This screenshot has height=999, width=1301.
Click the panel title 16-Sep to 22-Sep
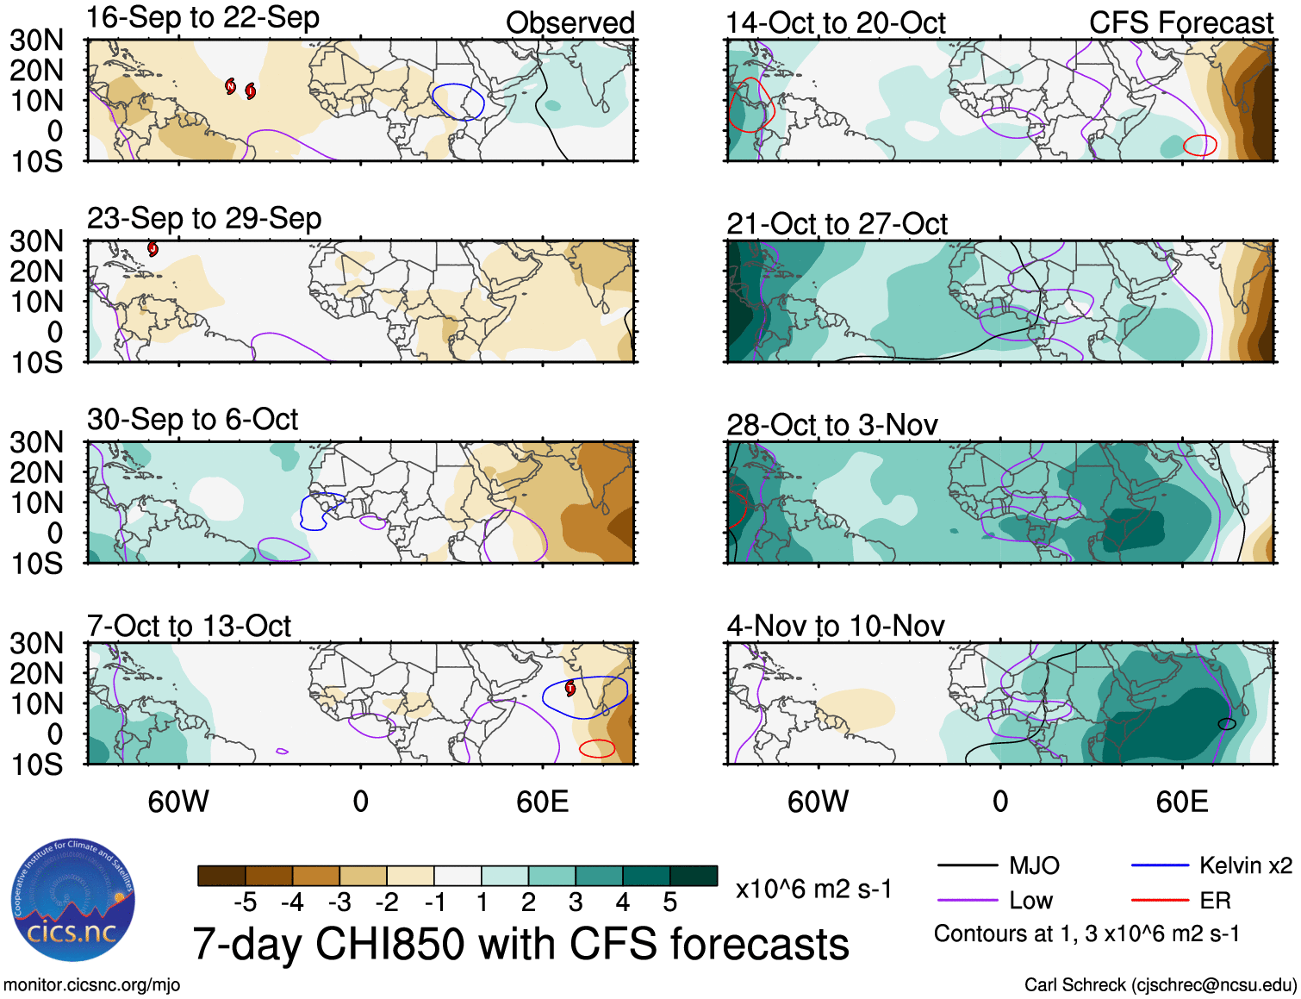coord(203,18)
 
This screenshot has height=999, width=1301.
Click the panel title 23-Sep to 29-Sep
coord(204,219)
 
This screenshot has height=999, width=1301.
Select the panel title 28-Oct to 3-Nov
coord(831,425)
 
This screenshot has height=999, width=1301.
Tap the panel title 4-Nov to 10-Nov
coord(835,626)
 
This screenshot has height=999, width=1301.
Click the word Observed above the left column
coord(570,23)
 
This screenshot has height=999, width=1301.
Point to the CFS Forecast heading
coord(1180,23)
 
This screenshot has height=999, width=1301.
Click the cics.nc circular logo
coord(73,902)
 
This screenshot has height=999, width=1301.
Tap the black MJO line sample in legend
coord(967,865)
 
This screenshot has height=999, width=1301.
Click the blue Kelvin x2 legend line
coord(1160,865)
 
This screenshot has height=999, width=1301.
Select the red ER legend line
coord(1160,901)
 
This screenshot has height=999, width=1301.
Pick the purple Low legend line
coord(967,901)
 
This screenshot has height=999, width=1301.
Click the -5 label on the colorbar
coord(245,902)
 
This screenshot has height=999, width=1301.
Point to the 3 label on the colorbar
coord(576,902)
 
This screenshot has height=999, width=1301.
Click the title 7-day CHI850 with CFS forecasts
coord(520,944)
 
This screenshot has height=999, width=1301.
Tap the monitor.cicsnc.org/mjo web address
coord(91,985)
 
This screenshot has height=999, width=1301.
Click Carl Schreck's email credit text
coord(1160,985)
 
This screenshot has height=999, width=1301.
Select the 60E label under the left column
coord(542,802)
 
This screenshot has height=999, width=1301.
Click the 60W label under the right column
coord(818,802)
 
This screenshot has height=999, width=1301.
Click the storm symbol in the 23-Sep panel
coord(153,249)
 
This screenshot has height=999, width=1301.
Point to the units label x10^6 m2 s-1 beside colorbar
coord(813,890)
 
